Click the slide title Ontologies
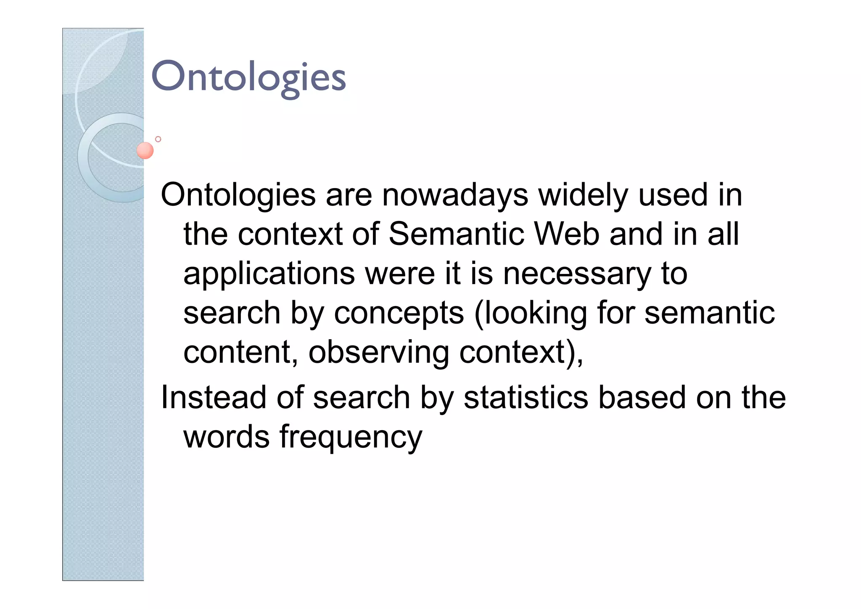pos(248,77)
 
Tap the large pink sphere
pos(145,150)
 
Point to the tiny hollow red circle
pos(158,139)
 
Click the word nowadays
pos(455,195)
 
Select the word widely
pos(583,195)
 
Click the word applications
pos(269,274)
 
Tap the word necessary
pos(577,274)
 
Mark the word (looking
pos(530,314)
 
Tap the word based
pos(642,397)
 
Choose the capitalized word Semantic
pos(457,234)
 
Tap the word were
pos(400,274)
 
